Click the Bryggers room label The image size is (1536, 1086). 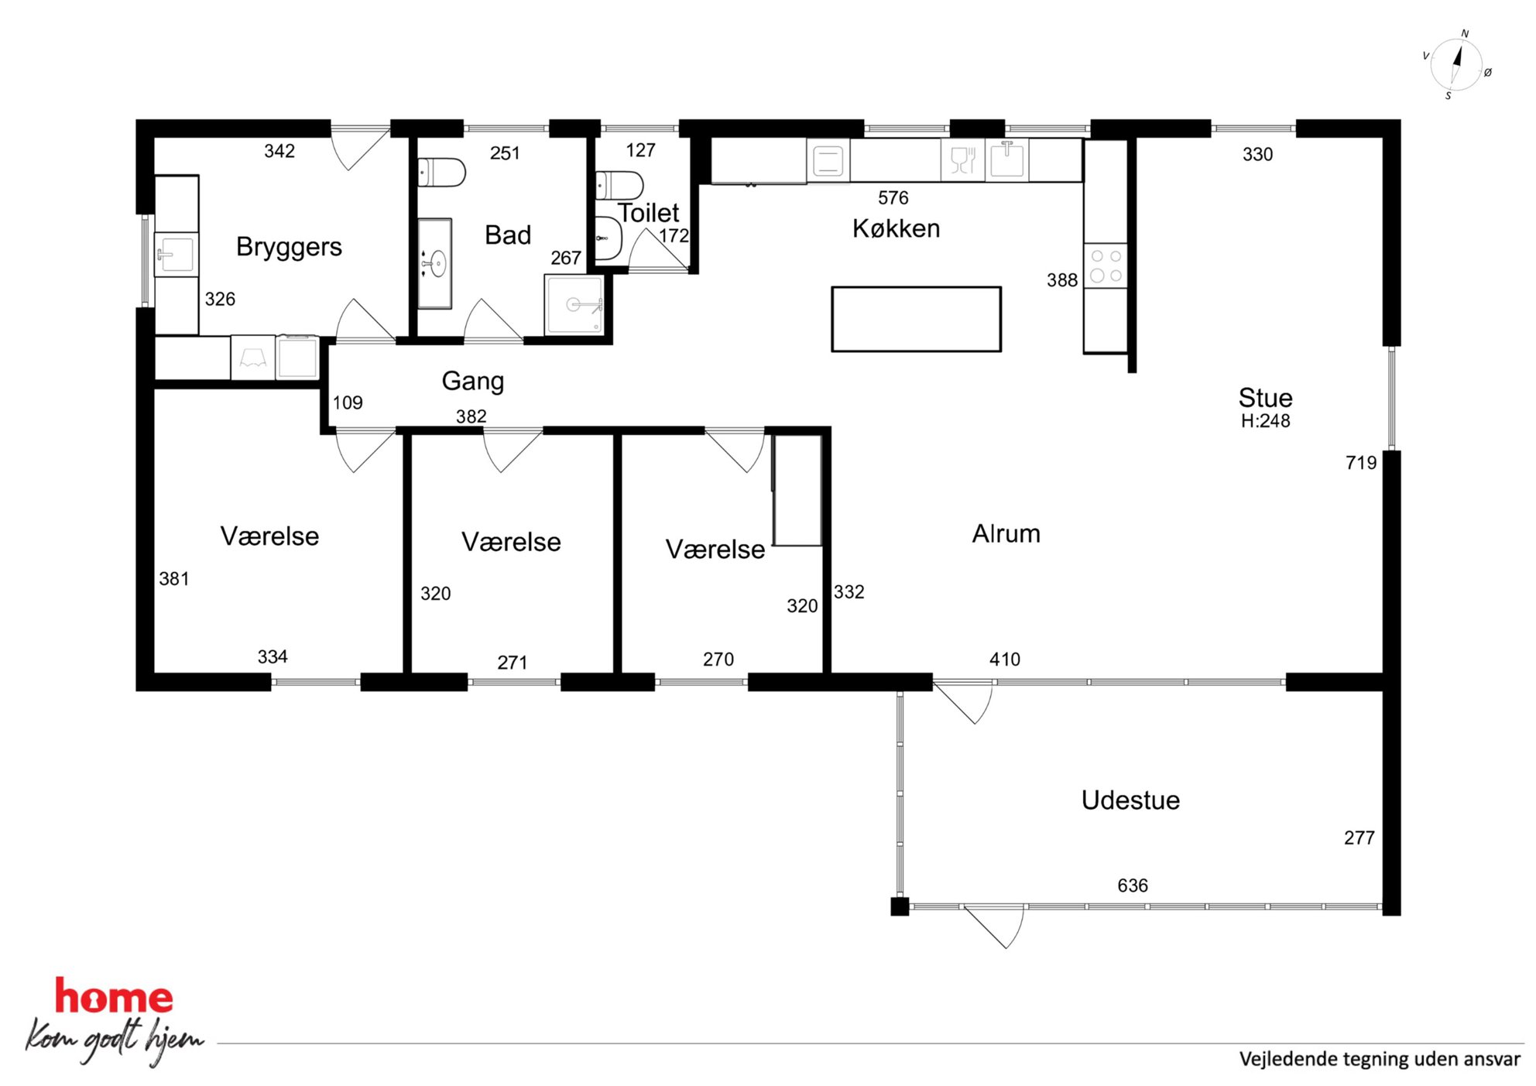coord(289,247)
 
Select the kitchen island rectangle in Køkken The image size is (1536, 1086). coord(916,319)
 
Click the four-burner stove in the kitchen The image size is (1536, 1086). coord(1106,266)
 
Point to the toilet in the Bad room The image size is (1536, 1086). coord(441,173)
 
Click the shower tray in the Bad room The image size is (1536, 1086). coord(574,304)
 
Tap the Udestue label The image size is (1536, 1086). coord(1130,800)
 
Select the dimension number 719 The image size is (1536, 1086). coord(1361,463)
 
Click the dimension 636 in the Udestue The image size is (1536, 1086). coord(1133,886)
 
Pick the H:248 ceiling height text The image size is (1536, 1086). coord(1266,421)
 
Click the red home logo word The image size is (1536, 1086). coord(114,997)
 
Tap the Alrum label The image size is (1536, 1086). coord(1006,534)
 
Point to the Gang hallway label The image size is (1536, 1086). coord(473,381)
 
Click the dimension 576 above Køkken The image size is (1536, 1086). coord(893,198)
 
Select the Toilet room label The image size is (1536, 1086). coord(649,213)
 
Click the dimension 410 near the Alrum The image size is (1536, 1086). coord(1005,659)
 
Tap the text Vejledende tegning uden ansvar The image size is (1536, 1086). coord(1380,1059)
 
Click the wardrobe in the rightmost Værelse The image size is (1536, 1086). coord(797,490)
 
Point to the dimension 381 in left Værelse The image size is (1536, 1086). coord(174,579)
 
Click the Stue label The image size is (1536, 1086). coord(1266,398)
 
